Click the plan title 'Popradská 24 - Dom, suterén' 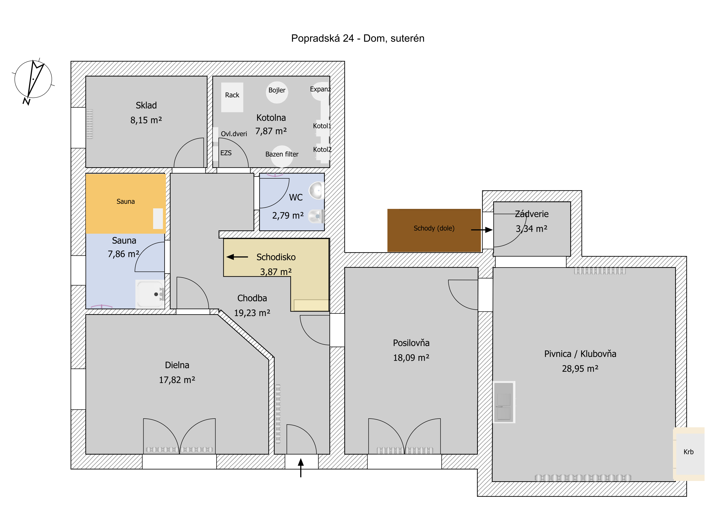pos(357,38)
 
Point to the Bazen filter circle pos(282,157)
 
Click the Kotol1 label pos(322,126)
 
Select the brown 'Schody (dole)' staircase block pos(434,230)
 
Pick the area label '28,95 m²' pos(580,369)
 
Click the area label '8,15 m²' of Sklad pos(146,120)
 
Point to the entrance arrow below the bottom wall pos(301,468)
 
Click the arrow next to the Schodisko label pos(237,257)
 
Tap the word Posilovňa pos(411,343)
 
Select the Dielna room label pos(177,365)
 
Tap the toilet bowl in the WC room pos(316,216)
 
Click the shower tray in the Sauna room pos(150,294)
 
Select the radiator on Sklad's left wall pos(90,124)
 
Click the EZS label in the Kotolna pos(226,153)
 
